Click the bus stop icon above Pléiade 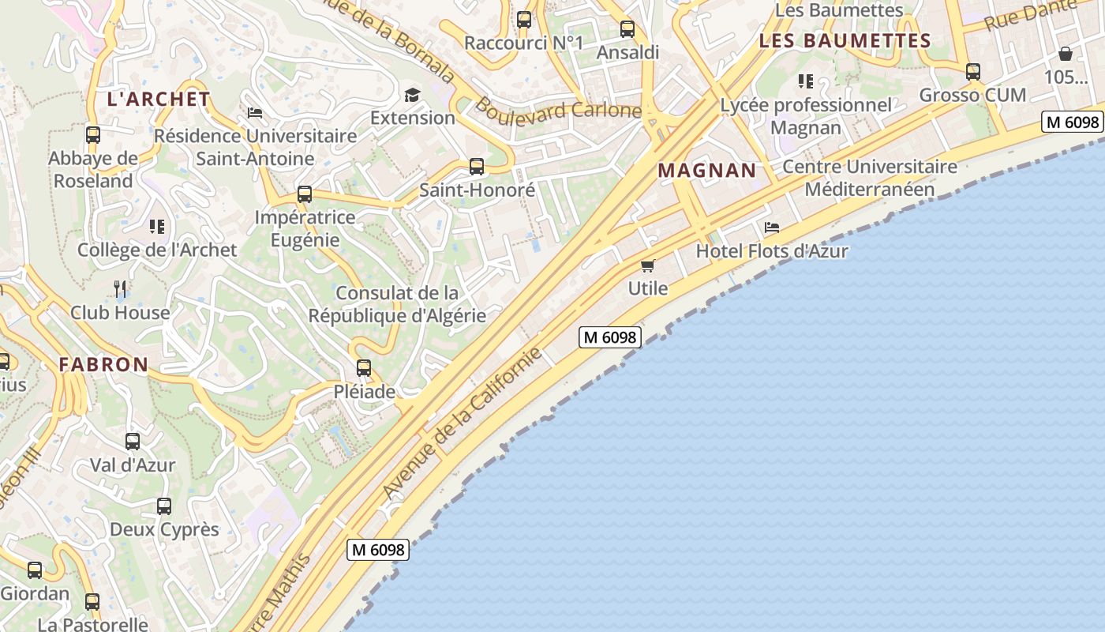coord(363,367)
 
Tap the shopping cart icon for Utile coord(648,265)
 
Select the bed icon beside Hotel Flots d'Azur coord(772,228)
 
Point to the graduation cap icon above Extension coord(412,95)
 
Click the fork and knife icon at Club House coord(120,288)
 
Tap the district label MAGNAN coord(706,170)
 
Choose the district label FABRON coord(103,364)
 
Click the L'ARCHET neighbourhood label coord(159,100)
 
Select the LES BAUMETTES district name coord(845,40)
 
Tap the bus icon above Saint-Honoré coord(476,166)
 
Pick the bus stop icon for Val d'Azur coord(133,441)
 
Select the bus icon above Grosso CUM coord(972,71)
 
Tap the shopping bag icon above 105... coord(1065,54)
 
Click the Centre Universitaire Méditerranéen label coord(869,178)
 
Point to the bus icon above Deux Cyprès coord(164,506)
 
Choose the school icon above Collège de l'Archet coord(157,227)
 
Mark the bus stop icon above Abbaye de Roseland coord(92,134)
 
